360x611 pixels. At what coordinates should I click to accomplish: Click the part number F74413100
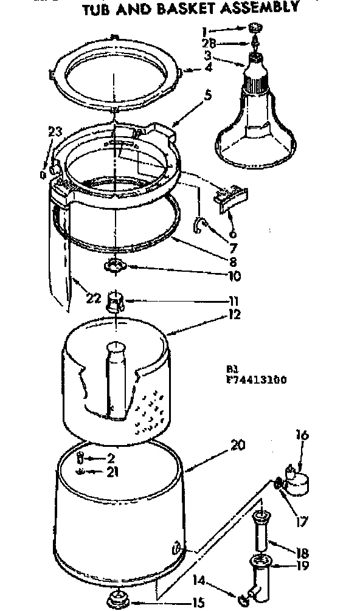click(255, 381)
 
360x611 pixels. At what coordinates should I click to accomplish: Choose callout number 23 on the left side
click(55, 131)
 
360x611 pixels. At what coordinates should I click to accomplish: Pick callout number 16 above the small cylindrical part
click(303, 435)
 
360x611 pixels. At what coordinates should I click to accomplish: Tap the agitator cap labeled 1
click(254, 27)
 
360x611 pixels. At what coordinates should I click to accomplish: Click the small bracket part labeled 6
click(232, 199)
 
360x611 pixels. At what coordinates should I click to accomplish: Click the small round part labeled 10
click(114, 265)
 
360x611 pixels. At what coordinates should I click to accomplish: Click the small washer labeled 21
click(81, 472)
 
